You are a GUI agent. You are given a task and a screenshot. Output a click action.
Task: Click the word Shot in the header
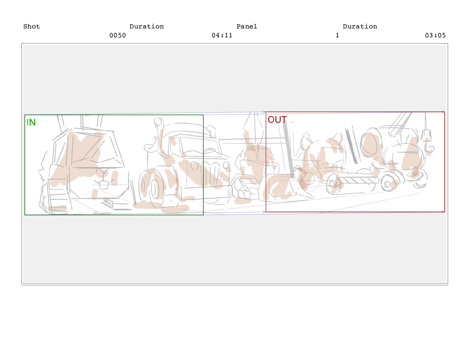point(31,26)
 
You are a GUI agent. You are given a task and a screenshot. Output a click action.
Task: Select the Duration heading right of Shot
point(146,26)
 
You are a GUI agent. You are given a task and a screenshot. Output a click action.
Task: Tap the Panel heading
point(247,26)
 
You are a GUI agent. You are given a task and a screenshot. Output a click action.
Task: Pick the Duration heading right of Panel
point(360,26)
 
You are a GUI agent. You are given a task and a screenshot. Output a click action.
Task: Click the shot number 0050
point(117,35)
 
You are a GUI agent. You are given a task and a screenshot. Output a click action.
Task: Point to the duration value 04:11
point(222,35)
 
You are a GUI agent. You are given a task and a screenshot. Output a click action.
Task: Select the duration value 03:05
point(435,35)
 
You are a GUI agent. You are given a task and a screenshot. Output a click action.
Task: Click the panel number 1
point(337,35)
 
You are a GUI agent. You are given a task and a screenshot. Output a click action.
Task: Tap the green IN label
point(31,122)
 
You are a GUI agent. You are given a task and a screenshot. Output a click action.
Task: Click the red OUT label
point(277,119)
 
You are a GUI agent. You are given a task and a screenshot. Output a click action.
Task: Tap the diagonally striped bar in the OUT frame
point(359,180)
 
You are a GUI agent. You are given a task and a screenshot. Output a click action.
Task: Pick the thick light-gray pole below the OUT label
point(288,149)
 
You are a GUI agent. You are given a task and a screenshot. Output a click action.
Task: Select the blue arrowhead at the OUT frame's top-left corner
point(264,112)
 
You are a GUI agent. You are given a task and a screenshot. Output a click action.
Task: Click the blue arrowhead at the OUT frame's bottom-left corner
point(264,212)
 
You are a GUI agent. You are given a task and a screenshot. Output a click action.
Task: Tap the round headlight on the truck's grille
point(194,166)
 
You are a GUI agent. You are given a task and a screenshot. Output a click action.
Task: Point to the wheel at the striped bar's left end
point(333,184)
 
